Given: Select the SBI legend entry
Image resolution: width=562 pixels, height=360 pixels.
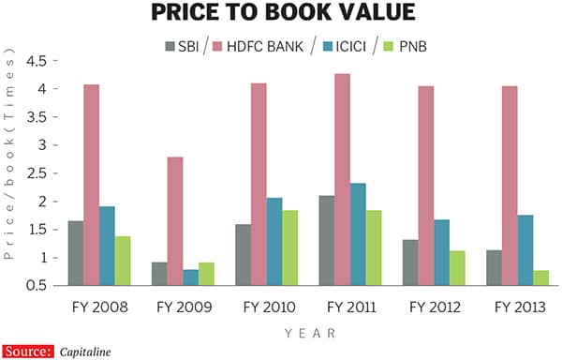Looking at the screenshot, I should coord(181,46).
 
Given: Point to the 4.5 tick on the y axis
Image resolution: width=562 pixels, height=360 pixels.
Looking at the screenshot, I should coord(37,61).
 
